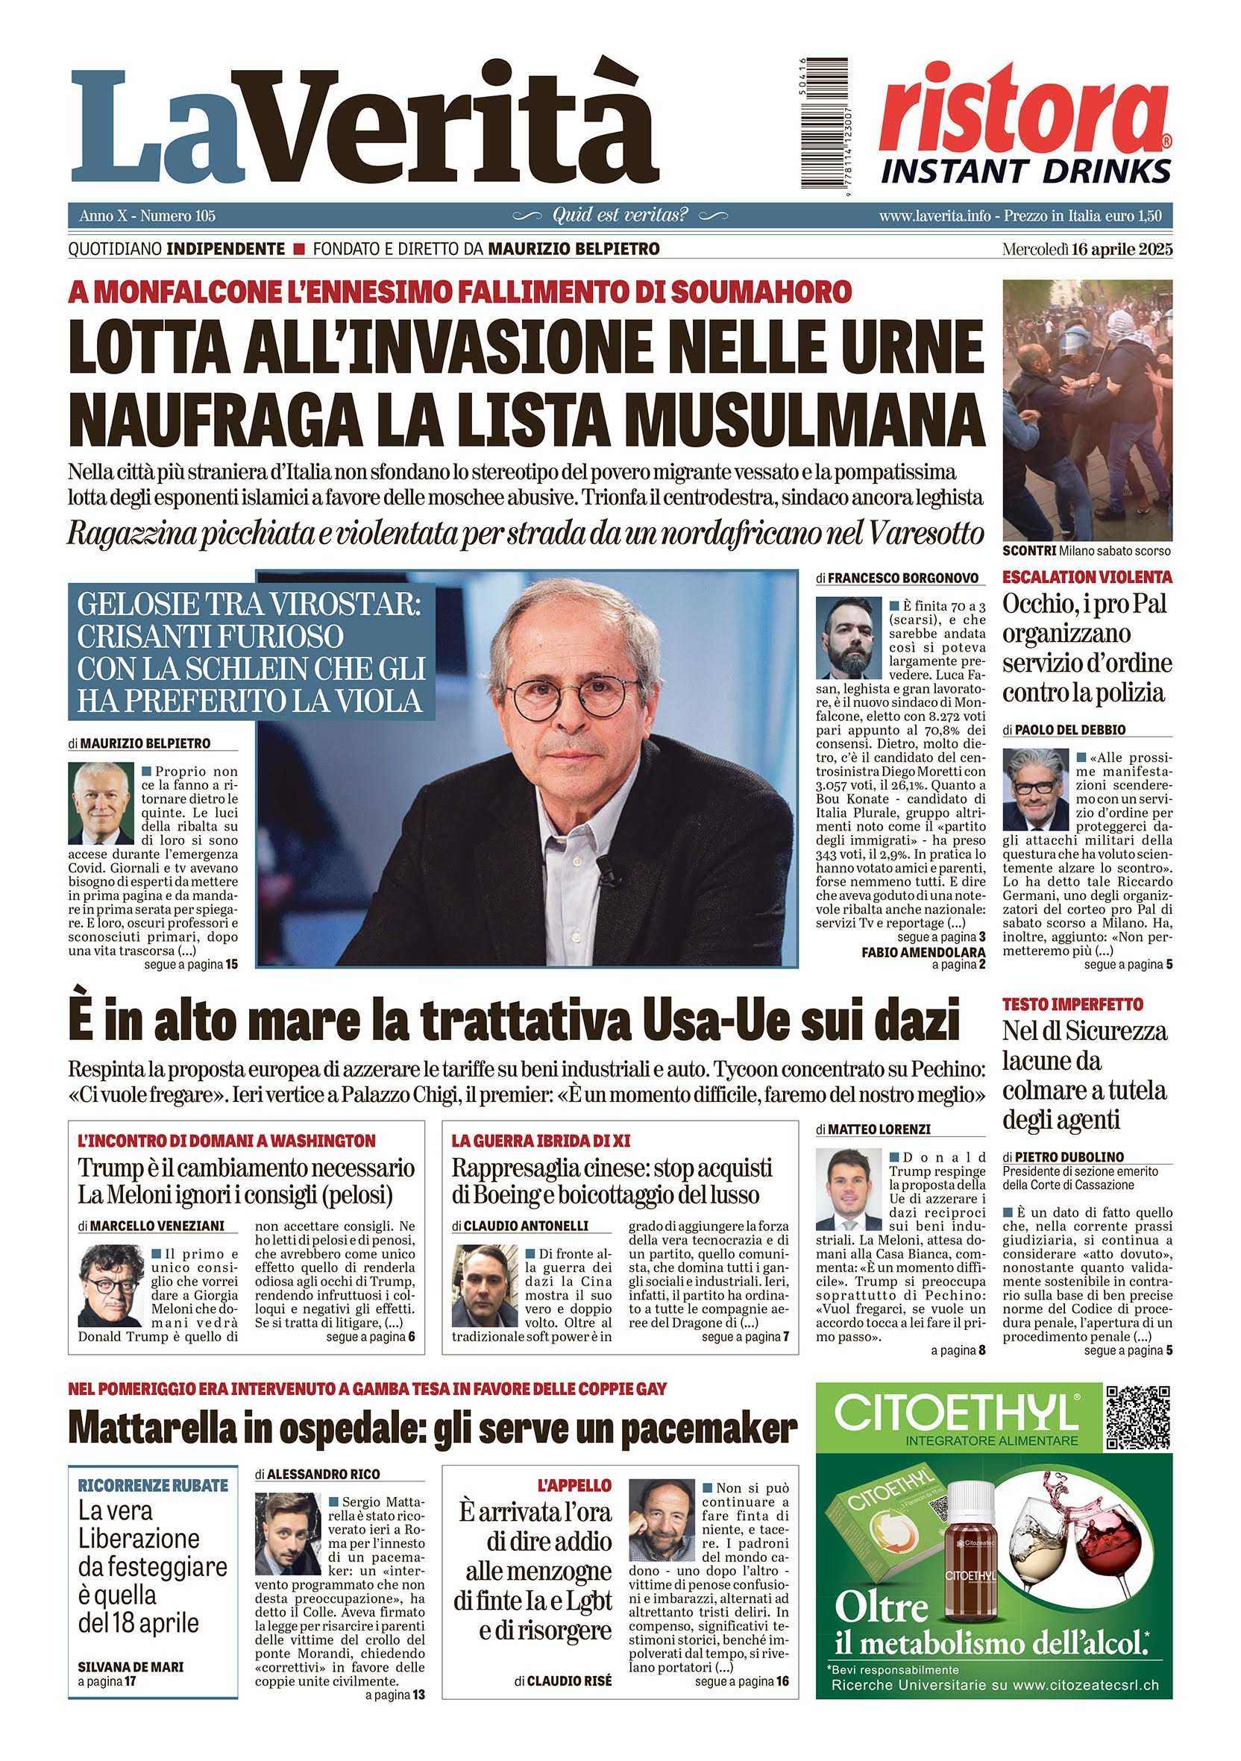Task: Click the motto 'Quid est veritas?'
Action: (x=620, y=215)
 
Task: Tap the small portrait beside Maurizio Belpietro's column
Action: (x=101, y=803)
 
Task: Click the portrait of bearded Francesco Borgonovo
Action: (x=847, y=637)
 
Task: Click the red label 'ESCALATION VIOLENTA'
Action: (x=1087, y=577)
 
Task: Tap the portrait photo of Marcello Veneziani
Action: (x=110, y=1285)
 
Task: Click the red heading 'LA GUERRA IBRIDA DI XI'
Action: (x=541, y=1141)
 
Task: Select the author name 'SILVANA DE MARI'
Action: (x=131, y=1666)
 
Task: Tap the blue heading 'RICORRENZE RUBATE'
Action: (x=153, y=1485)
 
